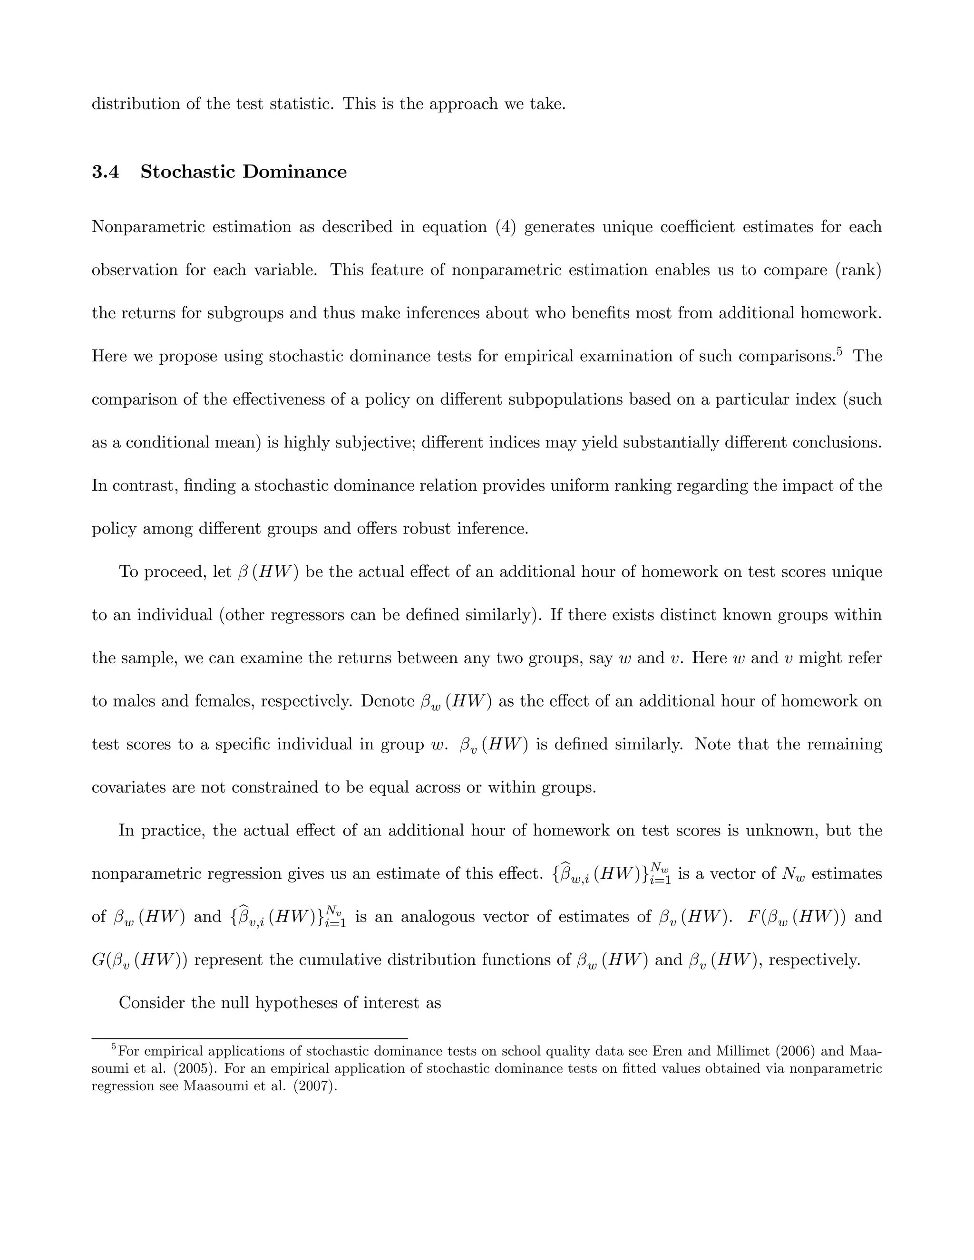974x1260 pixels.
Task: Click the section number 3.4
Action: [x=105, y=172]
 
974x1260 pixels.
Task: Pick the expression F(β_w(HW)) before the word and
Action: [x=796, y=917]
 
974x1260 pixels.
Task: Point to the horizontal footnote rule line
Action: [x=249, y=1038]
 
